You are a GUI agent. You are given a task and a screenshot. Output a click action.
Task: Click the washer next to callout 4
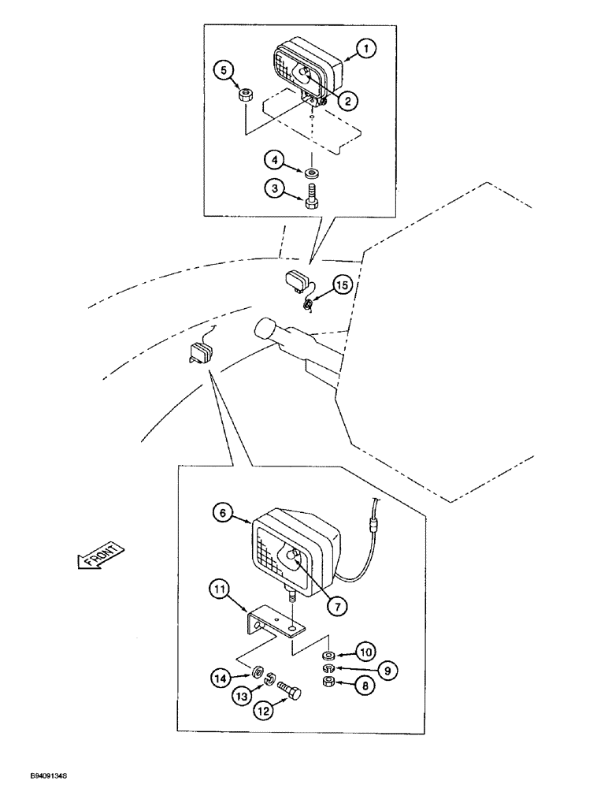click(x=313, y=171)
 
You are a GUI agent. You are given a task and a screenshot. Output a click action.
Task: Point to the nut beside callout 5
click(x=246, y=96)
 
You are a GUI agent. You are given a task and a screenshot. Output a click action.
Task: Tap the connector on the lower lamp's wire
click(x=376, y=522)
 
